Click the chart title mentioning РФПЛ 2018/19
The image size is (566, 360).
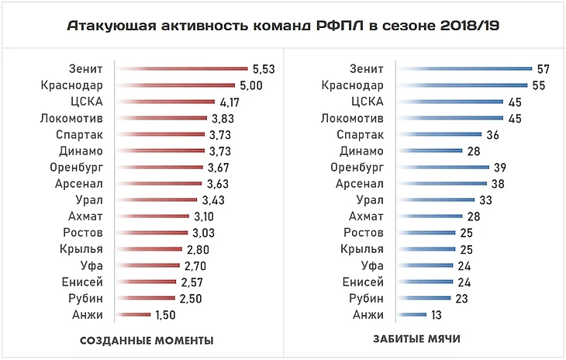(x=283, y=26)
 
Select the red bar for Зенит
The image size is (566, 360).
(x=181, y=69)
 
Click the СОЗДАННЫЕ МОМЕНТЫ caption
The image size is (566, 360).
(x=147, y=341)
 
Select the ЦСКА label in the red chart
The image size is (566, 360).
(x=87, y=102)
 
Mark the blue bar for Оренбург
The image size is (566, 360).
(x=443, y=167)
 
